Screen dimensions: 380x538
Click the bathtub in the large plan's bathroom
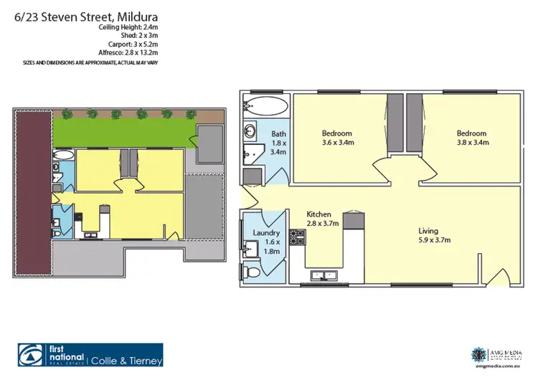point(265,108)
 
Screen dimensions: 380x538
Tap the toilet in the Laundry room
point(250,272)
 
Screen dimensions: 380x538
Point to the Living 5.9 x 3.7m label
point(435,235)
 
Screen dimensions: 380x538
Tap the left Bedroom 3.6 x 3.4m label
point(336,138)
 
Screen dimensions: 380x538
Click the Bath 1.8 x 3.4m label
point(279,143)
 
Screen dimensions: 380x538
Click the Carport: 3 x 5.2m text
point(131,44)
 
